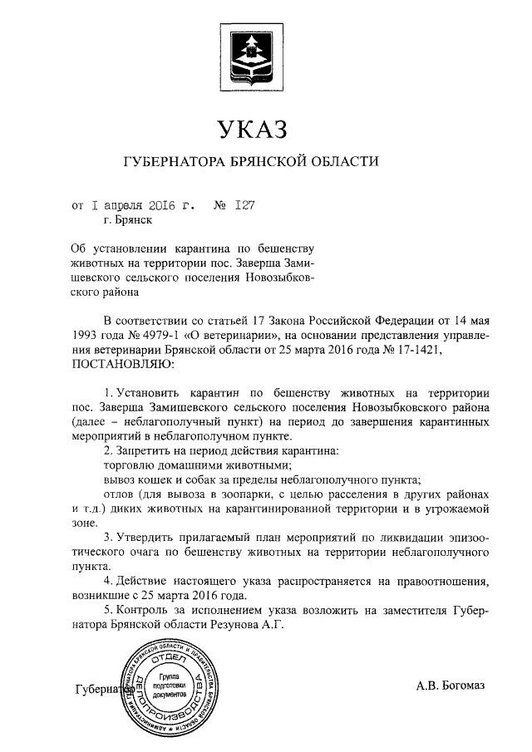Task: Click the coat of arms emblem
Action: click(x=251, y=54)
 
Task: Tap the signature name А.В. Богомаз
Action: click(x=450, y=686)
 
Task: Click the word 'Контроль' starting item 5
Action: click(x=140, y=611)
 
